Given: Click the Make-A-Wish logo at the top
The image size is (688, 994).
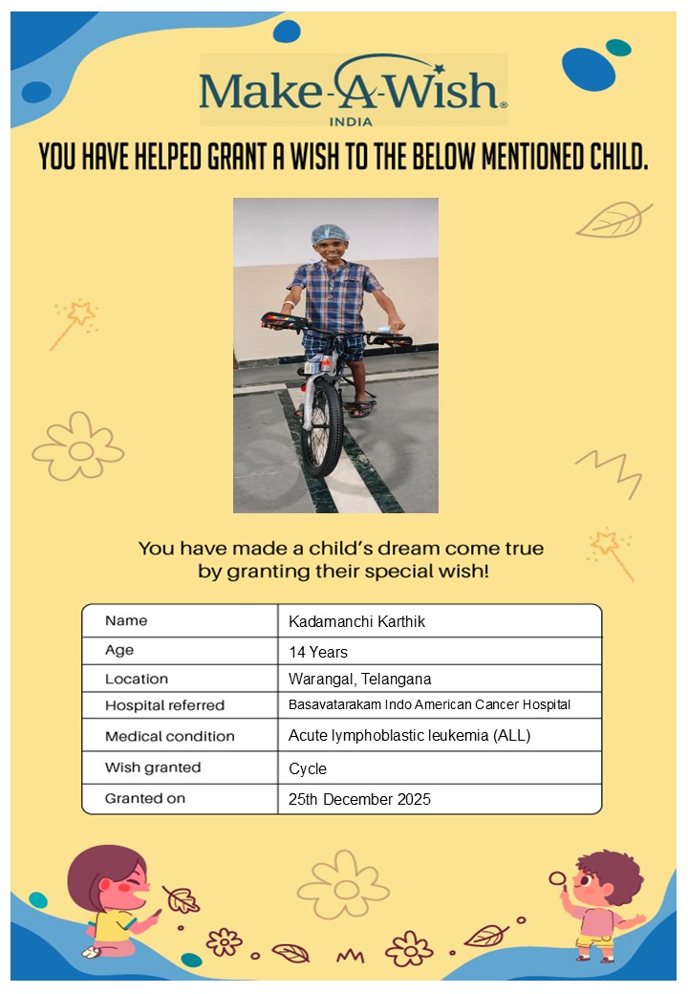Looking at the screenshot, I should pos(353,90).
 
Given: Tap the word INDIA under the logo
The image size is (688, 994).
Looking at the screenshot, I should pos(351,121).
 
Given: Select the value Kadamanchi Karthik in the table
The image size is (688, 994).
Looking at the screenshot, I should pos(356,621).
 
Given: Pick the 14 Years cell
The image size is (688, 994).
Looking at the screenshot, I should pos(318,653).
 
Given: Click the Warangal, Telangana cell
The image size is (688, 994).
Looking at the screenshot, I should pos(359,680).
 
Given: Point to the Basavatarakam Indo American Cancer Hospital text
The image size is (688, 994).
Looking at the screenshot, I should pos(429,705).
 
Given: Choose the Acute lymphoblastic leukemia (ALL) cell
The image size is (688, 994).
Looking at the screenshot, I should pos(409,736).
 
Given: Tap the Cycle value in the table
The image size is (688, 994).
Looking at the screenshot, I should pos(308,768).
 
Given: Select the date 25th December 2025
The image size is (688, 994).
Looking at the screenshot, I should pos(359,799).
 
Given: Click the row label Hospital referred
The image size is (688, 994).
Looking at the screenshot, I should pos(164,705).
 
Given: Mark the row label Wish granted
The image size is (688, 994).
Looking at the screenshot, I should pos(153,767).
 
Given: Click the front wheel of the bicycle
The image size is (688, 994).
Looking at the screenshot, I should pos(322,427).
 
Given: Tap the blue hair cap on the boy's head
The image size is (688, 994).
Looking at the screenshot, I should pos(329,233).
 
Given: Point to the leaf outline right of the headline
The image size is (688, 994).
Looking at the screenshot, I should pos(613,220).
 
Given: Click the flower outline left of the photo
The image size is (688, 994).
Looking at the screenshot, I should pos(78,446).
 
